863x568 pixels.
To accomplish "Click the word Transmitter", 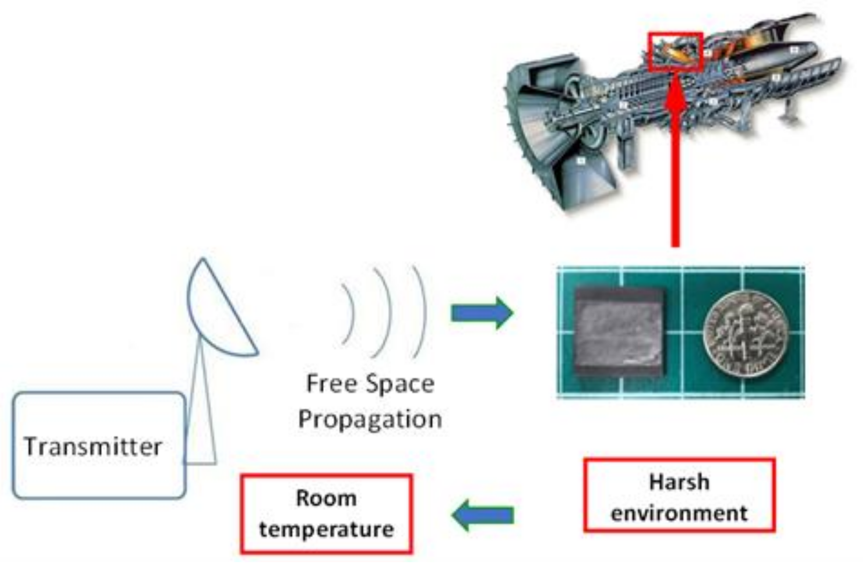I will pos(93,447).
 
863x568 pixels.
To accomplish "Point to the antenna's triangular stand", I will pos(201,416).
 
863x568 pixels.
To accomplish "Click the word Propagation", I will pos(370,419).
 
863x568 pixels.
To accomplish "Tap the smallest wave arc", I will pos(349,313).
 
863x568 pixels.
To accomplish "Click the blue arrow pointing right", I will pos(482,313).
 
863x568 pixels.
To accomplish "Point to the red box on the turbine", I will pos(676,52).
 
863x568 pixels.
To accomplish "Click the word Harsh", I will pos(679,482).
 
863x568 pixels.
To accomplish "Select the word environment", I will pos(679,513).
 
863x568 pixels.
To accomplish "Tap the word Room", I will pos(326,498).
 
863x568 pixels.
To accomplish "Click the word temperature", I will pos(326,529).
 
